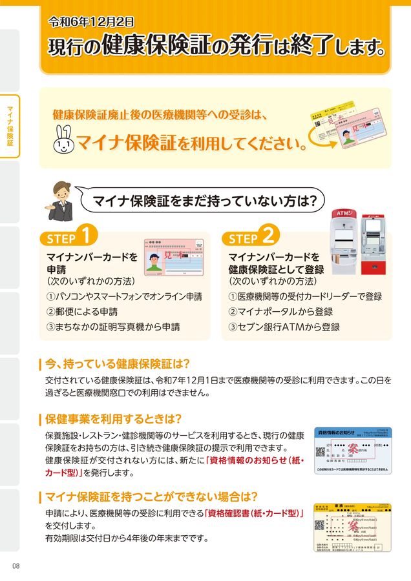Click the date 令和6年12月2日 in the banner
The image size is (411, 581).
(91, 21)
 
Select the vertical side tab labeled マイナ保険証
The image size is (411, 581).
(10, 126)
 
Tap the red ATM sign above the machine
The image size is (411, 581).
(342, 213)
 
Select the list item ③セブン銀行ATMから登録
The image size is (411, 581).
(284, 327)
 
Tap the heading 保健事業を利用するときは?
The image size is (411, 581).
(113, 418)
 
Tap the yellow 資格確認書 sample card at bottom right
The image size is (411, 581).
(352, 527)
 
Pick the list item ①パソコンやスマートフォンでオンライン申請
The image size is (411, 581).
(124, 297)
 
